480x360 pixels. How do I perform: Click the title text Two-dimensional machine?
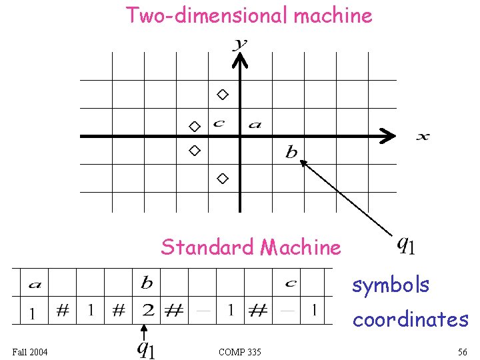tap(249, 15)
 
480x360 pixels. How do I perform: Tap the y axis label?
tap(240, 44)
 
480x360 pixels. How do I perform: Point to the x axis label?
tap(423, 137)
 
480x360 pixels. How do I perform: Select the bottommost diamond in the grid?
tap(223, 178)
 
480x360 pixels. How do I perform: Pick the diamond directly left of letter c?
tap(194, 126)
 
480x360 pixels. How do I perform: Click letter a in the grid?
tap(255, 124)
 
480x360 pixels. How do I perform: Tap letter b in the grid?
tap(291, 153)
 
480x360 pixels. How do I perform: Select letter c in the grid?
tap(218, 123)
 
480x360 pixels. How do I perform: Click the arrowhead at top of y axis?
tap(240, 61)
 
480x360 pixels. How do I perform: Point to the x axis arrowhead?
tap(387, 137)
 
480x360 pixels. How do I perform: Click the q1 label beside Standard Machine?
tap(406, 245)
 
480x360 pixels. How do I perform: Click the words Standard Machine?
tap(250, 247)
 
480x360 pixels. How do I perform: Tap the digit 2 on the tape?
tap(148, 311)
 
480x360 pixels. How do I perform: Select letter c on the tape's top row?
tap(291, 283)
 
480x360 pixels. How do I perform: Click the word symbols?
tap(391, 285)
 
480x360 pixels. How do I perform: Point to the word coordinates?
tap(410, 319)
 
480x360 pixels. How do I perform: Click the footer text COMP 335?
tap(239, 351)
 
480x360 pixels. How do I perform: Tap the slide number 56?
tap(462, 351)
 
